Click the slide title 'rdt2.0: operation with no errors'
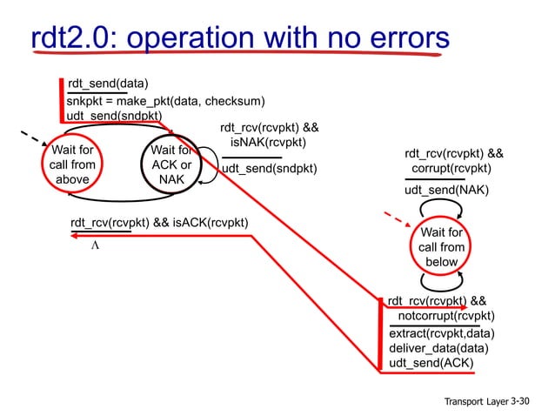[x=239, y=38]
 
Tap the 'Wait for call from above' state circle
[x=73, y=165]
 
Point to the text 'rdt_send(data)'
[x=109, y=84]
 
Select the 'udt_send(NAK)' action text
[x=446, y=190]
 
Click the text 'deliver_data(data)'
[x=438, y=348]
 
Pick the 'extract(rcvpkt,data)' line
[x=442, y=332]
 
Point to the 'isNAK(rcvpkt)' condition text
[x=268, y=142]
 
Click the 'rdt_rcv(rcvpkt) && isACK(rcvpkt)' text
[x=159, y=223]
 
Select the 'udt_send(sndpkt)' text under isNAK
[x=269, y=169]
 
